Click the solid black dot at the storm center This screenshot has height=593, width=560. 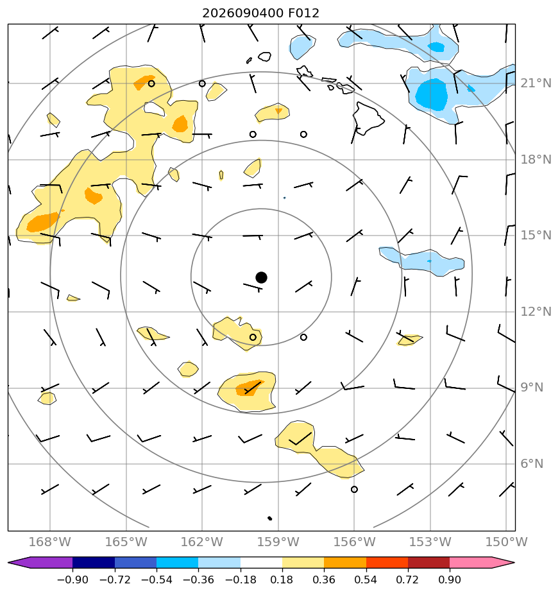click(x=261, y=277)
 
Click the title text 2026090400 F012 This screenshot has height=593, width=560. click(x=260, y=13)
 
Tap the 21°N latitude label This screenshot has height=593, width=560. click(x=536, y=83)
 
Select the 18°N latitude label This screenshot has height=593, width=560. click(x=536, y=160)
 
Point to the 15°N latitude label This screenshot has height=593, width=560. click(x=536, y=236)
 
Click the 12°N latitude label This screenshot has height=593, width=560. click(x=536, y=312)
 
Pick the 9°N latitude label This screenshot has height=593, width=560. click(x=532, y=388)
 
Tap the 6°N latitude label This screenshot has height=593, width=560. click(x=532, y=463)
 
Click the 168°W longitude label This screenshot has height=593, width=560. click(x=50, y=542)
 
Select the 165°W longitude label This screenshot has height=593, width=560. click(x=126, y=542)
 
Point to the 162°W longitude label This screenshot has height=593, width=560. click(x=202, y=542)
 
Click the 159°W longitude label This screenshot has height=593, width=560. click(x=278, y=542)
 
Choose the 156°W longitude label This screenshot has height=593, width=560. click(x=354, y=542)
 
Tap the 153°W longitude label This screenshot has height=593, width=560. click(x=430, y=542)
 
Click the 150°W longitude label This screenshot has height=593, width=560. click(x=506, y=542)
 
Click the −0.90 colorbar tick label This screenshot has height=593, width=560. click(x=72, y=580)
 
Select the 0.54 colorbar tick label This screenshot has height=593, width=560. click(x=366, y=580)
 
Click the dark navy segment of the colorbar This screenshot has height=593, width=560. click(x=94, y=562)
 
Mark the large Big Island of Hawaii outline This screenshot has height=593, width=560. click(x=368, y=117)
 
